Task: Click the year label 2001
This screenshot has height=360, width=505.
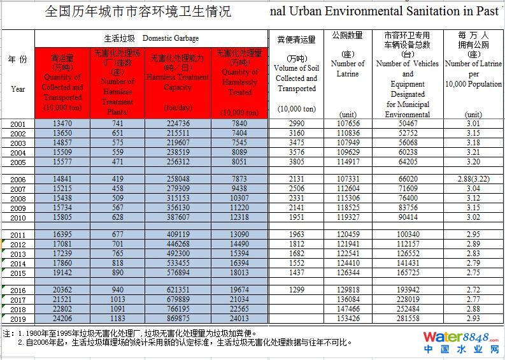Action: pyautogui.click(x=18, y=124)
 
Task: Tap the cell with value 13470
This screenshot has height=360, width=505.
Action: pyautogui.click(x=62, y=123)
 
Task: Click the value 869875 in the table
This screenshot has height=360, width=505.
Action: pyautogui.click(x=178, y=319)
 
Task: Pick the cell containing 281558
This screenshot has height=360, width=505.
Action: pyautogui.click(x=408, y=319)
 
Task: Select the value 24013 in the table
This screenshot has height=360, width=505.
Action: pyautogui.click(x=239, y=319)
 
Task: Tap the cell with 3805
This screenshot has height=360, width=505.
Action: pyautogui.click(x=296, y=162)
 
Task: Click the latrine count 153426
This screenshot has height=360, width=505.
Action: pyautogui.click(x=348, y=319)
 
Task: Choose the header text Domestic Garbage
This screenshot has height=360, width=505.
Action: pyautogui.click(x=170, y=38)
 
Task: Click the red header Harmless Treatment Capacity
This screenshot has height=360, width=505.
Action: pyautogui.click(x=178, y=82)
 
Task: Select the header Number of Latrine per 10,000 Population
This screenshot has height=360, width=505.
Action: pyautogui.click(x=473, y=74)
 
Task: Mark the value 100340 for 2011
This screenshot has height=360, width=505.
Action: pyautogui.click(x=408, y=235)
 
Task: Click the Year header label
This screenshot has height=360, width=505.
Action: pyautogui.click(x=18, y=89)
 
